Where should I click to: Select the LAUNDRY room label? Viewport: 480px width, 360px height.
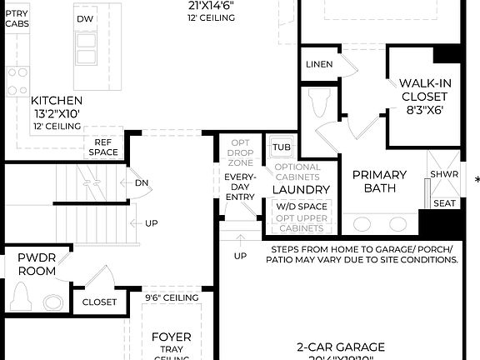tap(302, 189)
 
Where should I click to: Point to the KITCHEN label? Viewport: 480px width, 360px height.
tap(58, 100)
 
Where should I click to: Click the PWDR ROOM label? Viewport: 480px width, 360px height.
tap(37, 263)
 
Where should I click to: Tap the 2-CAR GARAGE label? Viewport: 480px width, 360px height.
tap(341, 347)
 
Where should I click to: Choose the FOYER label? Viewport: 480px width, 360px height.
tap(172, 337)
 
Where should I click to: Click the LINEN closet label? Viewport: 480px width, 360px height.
tap(319, 64)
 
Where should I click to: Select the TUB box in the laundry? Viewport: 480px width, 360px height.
tap(281, 147)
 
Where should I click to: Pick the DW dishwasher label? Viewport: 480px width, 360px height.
tap(85, 18)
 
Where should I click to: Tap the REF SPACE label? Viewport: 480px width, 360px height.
tap(104, 147)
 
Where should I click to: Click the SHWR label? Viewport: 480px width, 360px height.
tap(442, 174)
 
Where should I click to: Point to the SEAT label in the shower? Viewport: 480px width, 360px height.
tap(444, 202)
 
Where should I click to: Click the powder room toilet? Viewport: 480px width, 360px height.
tap(22, 297)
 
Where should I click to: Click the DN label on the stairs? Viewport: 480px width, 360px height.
tap(141, 182)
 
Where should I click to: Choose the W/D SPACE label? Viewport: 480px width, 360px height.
tap(302, 205)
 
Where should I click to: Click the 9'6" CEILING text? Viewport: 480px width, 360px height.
tap(172, 297)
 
